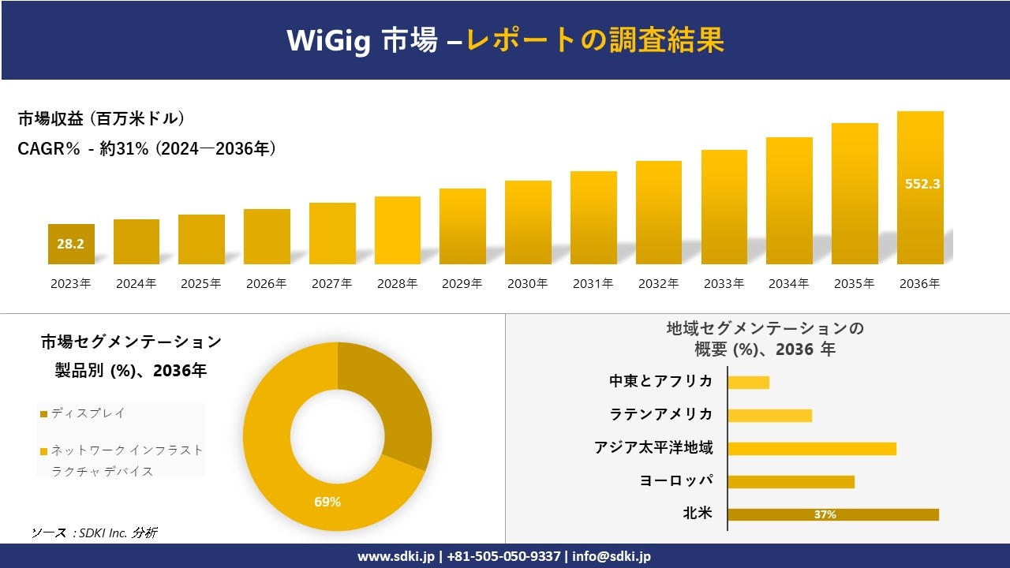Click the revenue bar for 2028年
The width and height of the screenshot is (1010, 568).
coord(398,230)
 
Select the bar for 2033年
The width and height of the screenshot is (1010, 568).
coord(724,207)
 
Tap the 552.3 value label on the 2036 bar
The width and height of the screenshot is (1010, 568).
coord(922,184)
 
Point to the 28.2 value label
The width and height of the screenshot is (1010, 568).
coord(70,244)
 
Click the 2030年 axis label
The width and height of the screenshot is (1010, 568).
coord(528,284)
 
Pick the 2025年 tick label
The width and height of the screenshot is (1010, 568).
coord(201,284)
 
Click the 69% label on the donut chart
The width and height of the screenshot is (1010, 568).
coord(327,502)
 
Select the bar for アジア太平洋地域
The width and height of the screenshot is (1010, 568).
coord(812,448)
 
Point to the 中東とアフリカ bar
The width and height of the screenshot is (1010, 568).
coord(748,382)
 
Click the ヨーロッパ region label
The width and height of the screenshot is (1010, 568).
coord(676,480)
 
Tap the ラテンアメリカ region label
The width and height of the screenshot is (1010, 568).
coord(661,414)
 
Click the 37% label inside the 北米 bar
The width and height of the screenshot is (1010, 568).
coord(825,514)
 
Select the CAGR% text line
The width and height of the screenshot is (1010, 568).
coord(147,148)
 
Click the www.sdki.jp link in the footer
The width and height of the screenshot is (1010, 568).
coord(395,556)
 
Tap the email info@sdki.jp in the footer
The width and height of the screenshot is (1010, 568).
coord(612,556)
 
